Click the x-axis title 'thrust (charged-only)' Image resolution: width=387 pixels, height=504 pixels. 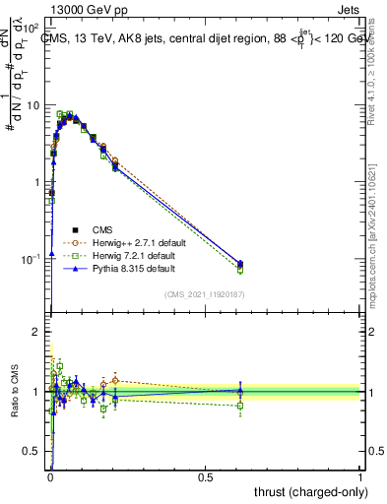pyautogui.click(x=304, y=490)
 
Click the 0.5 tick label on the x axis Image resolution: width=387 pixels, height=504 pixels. pyautogui.click(x=205, y=475)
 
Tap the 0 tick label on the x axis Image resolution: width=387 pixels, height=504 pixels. pyautogui.click(x=49, y=475)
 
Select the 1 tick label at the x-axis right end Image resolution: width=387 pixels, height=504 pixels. pyautogui.click(x=360, y=475)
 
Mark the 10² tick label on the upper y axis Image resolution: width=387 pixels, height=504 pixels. pyautogui.click(x=31, y=29)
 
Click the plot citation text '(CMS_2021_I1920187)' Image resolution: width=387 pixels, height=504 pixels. pyautogui.click(x=205, y=294)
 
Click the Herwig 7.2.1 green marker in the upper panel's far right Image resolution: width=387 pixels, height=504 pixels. pyautogui.click(x=240, y=270)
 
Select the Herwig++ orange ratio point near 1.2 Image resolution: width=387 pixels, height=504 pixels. pyautogui.click(x=115, y=380)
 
